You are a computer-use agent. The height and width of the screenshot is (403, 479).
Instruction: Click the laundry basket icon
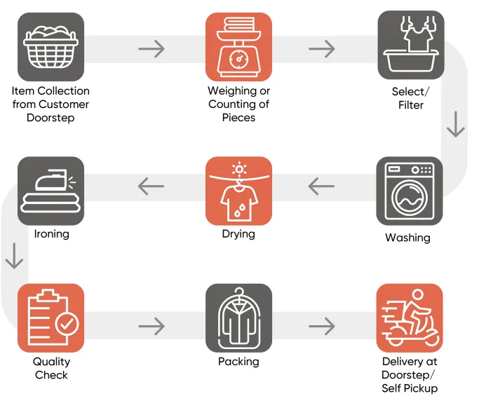coord(50,47)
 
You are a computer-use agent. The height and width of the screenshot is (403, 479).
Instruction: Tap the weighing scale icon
coord(238,47)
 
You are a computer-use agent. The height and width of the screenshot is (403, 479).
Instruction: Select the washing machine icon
coord(410,191)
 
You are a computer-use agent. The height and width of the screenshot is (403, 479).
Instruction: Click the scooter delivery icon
coord(410,317)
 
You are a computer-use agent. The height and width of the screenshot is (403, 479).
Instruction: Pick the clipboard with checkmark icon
coord(50,317)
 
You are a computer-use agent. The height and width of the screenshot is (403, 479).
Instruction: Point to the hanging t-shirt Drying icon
coord(238,191)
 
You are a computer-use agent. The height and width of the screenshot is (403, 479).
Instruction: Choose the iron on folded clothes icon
coord(50,191)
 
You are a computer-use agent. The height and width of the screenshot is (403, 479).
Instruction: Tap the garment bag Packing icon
coord(238,317)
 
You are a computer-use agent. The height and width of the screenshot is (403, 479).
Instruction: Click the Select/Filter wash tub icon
coord(411,45)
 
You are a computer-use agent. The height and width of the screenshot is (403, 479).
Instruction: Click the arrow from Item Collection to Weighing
coord(151,49)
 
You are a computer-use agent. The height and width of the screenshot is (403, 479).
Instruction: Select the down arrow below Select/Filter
coord(456,124)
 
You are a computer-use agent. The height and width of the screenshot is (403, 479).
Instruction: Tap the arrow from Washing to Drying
coord(321,186)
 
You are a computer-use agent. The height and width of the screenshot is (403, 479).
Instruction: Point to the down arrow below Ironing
coord(14,256)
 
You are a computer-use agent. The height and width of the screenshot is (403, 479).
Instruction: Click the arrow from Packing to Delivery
coord(322,327)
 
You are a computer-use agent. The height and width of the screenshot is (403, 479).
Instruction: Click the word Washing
coord(408,238)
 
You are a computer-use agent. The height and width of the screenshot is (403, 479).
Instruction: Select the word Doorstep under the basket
coord(50,118)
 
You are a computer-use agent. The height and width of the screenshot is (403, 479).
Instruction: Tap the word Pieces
coord(238,118)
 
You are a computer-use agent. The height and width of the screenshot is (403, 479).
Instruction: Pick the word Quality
coord(51,362)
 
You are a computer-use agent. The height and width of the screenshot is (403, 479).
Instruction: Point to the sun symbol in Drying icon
coord(239,170)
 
